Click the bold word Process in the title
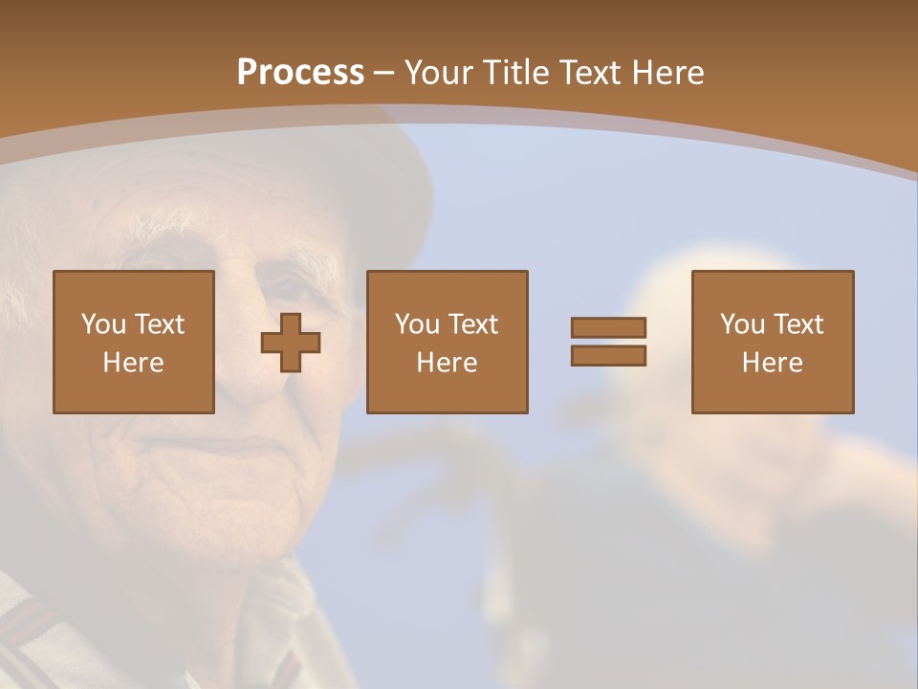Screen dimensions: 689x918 tap(300, 72)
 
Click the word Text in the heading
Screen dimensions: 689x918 tap(591, 72)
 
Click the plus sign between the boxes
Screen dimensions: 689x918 tap(291, 343)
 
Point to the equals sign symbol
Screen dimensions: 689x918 tap(608, 342)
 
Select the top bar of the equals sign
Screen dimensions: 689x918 tap(608, 327)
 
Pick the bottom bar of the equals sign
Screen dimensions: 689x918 tap(608, 356)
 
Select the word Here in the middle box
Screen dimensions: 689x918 tap(447, 363)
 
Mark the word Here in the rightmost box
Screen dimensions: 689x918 tap(772, 363)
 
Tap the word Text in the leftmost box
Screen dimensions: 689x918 tap(160, 324)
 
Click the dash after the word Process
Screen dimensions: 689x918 tap(385, 73)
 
